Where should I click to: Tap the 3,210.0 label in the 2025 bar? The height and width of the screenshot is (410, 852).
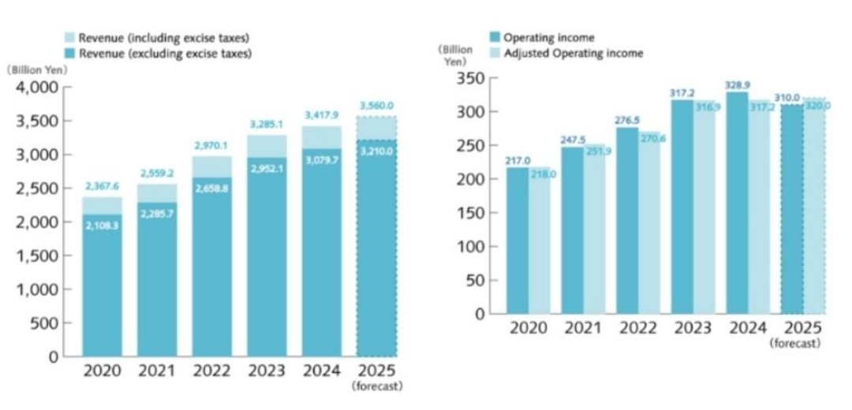(376, 150)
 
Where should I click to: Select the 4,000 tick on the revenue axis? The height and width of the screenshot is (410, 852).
(38, 88)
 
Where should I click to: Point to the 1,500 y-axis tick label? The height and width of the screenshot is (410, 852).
(38, 255)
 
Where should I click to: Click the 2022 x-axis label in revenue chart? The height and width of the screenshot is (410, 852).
(212, 371)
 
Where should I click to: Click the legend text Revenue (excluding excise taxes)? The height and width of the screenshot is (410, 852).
(164, 54)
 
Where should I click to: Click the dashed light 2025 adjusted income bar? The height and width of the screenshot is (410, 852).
(814, 206)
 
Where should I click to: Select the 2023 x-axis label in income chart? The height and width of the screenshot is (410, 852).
(693, 328)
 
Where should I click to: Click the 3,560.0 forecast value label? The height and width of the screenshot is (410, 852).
(376, 106)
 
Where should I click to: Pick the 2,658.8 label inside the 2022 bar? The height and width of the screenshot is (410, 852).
(211, 189)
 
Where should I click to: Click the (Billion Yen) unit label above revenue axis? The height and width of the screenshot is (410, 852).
(38, 69)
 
